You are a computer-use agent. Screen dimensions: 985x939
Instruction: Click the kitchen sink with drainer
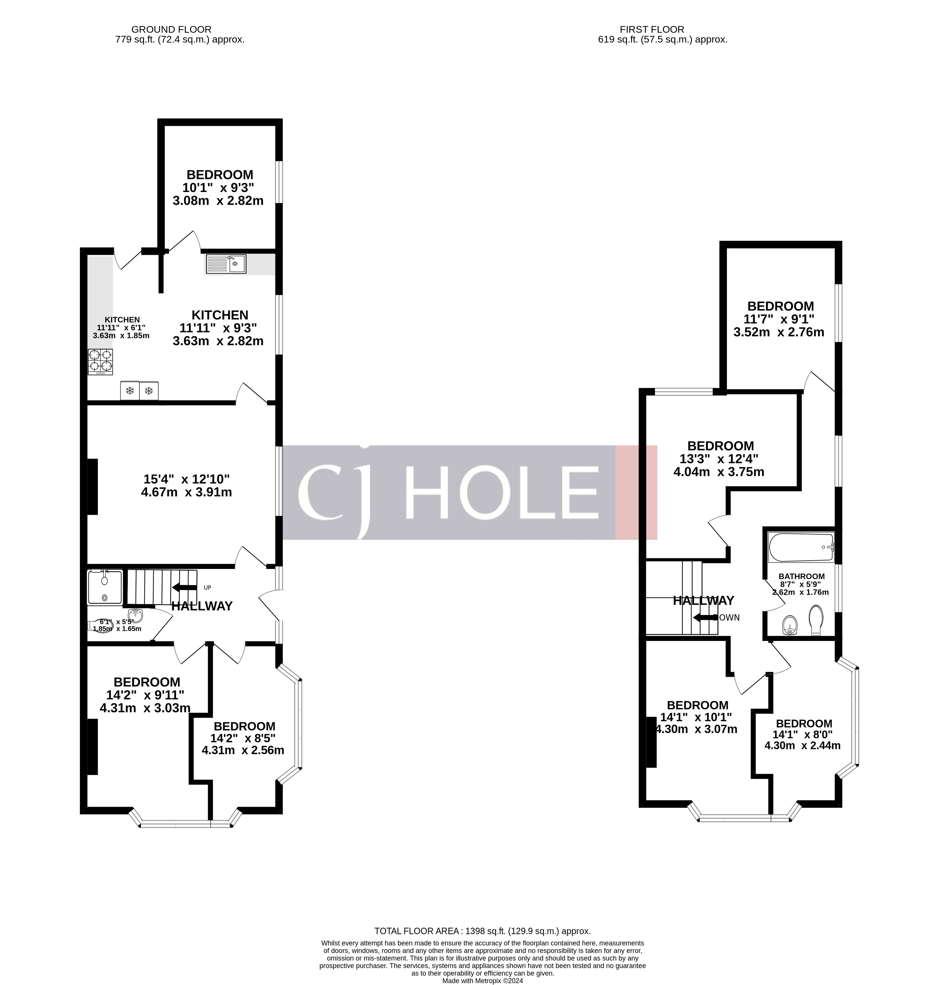(226, 264)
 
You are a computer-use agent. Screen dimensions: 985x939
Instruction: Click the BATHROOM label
(801, 576)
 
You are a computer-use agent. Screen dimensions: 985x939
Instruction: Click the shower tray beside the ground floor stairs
(104, 587)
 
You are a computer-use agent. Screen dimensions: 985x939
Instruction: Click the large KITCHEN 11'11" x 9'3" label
(219, 328)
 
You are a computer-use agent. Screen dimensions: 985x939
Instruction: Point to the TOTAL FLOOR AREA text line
(482, 931)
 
